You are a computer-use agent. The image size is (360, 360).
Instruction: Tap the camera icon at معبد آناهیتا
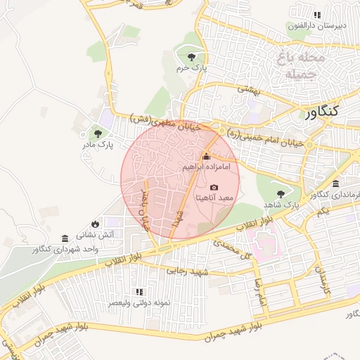coord(214,188)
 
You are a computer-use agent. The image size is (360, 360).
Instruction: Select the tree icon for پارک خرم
coord(191,57)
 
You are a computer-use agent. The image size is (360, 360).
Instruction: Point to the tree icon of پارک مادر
coord(97,133)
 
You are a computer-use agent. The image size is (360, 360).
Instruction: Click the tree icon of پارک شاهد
coord(281,193)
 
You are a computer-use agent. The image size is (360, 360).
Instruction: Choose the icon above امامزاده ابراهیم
coord(206,156)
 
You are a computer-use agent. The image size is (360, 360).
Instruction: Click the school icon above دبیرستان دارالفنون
coord(317,15)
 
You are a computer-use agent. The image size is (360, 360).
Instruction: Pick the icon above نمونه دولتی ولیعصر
coord(139,291)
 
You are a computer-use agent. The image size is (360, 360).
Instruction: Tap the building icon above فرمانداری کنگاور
coord(335,184)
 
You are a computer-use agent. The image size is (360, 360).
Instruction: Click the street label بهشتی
coord(248,90)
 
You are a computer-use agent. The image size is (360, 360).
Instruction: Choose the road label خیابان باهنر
coord(146,210)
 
